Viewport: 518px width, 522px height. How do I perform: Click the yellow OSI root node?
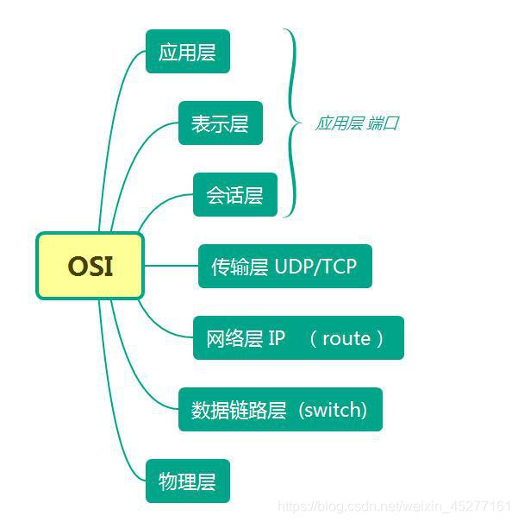pyautogui.click(x=90, y=266)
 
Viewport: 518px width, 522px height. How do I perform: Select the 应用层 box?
pyautogui.click(x=187, y=52)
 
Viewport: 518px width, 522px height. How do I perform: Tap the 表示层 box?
pyautogui.click(x=220, y=123)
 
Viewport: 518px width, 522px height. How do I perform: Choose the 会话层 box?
pyautogui.click(x=234, y=195)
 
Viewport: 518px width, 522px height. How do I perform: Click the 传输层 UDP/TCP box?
pyautogui.click(x=284, y=266)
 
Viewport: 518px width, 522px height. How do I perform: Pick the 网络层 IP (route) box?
pyautogui.click(x=298, y=337)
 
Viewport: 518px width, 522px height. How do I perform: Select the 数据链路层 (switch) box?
pyautogui.click(x=280, y=409)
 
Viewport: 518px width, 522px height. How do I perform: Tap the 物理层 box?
pyautogui.click(x=187, y=481)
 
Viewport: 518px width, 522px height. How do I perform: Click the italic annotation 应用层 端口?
pyautogui.click(x=356, y=123)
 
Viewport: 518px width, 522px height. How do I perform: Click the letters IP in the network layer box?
pyautogui.click(x=277, y=337)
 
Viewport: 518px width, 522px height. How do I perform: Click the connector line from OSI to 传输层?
pyautogui.click(x=171, y=266)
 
